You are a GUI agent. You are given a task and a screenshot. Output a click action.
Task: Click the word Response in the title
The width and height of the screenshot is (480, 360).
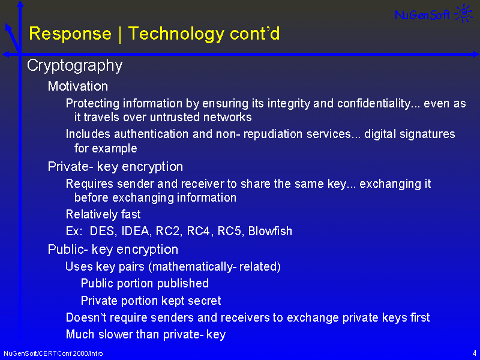click(x=70, y=34)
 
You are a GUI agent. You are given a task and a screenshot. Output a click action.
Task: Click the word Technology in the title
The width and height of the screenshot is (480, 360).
click(x=176, y=34)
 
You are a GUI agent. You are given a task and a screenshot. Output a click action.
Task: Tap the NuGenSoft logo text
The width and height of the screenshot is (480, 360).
click(x=422, y=14)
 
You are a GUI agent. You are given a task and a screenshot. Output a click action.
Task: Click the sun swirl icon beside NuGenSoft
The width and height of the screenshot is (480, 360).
click(x=464, y=13)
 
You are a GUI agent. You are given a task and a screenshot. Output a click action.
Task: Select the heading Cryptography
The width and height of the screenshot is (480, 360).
click(x=74, y=66)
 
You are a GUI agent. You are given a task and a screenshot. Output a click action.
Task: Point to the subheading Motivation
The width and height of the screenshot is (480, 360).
click(x=78, y=86)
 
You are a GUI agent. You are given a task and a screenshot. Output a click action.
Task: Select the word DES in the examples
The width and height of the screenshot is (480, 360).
click(x=103, y=231)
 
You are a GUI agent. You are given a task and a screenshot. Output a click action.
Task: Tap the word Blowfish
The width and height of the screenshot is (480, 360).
click(x=270, y=231)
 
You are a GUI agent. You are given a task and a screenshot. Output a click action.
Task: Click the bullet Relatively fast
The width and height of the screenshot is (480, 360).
click(x=103, y=214)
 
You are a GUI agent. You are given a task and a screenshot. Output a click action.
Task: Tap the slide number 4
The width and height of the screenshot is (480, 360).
click(x=474, y=353)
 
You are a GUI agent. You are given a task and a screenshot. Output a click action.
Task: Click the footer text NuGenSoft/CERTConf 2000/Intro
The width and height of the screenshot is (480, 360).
click(x=53, y=353)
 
